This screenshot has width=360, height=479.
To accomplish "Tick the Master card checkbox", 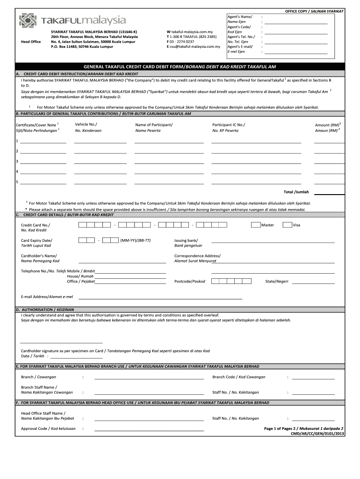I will point(255,225).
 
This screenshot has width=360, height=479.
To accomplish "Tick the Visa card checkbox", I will point(287,225).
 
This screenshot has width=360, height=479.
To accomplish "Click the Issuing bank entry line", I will point(273,242).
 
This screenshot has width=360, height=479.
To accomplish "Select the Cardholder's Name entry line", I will point(122,262).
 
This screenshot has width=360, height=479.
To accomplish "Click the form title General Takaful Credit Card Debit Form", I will point(180,67).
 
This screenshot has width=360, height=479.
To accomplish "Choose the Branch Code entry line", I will point(313,378).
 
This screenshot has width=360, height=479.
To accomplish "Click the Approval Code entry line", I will point(149,429).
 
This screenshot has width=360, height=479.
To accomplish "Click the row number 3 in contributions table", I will point(17,161).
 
